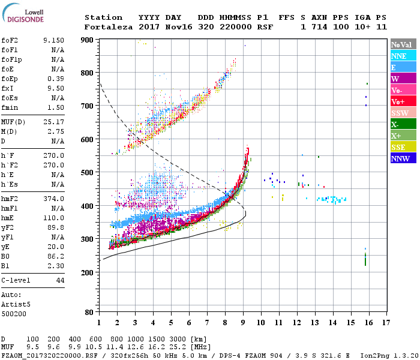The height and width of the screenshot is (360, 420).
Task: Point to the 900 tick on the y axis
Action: coord(87,40)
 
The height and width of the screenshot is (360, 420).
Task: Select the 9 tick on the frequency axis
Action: coord(243,323)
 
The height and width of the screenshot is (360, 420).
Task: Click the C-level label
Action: coord(16,280)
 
